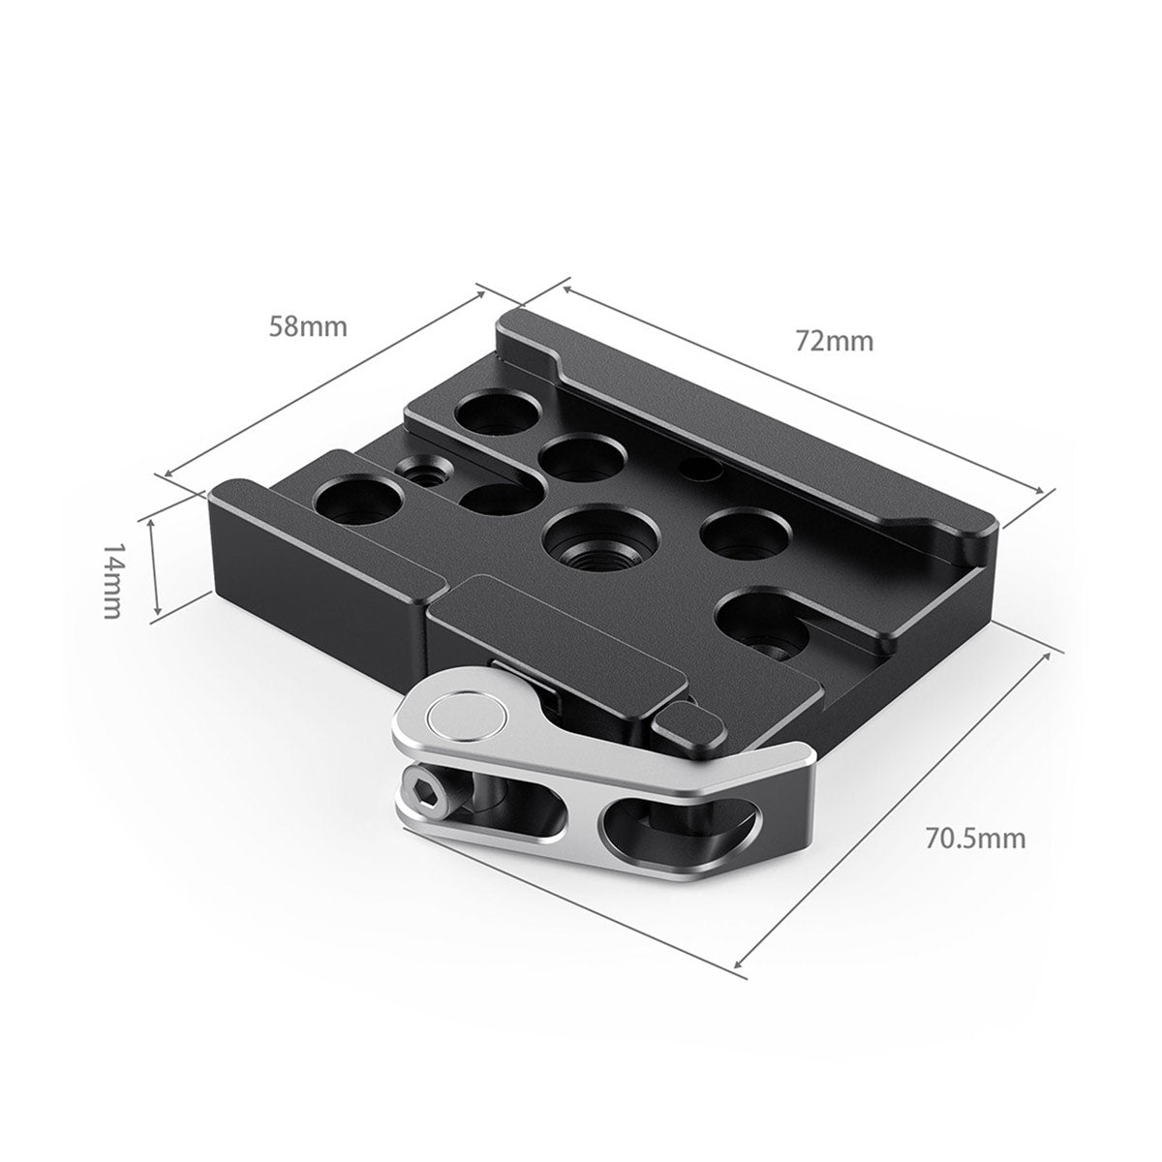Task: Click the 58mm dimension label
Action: (307, 326)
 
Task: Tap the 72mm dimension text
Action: (834, 341)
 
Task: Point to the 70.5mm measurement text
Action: (974, 838)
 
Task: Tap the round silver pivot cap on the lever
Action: (468, 718)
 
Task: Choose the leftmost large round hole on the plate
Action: (358, 502)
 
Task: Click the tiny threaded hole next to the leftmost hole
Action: (422, 474)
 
